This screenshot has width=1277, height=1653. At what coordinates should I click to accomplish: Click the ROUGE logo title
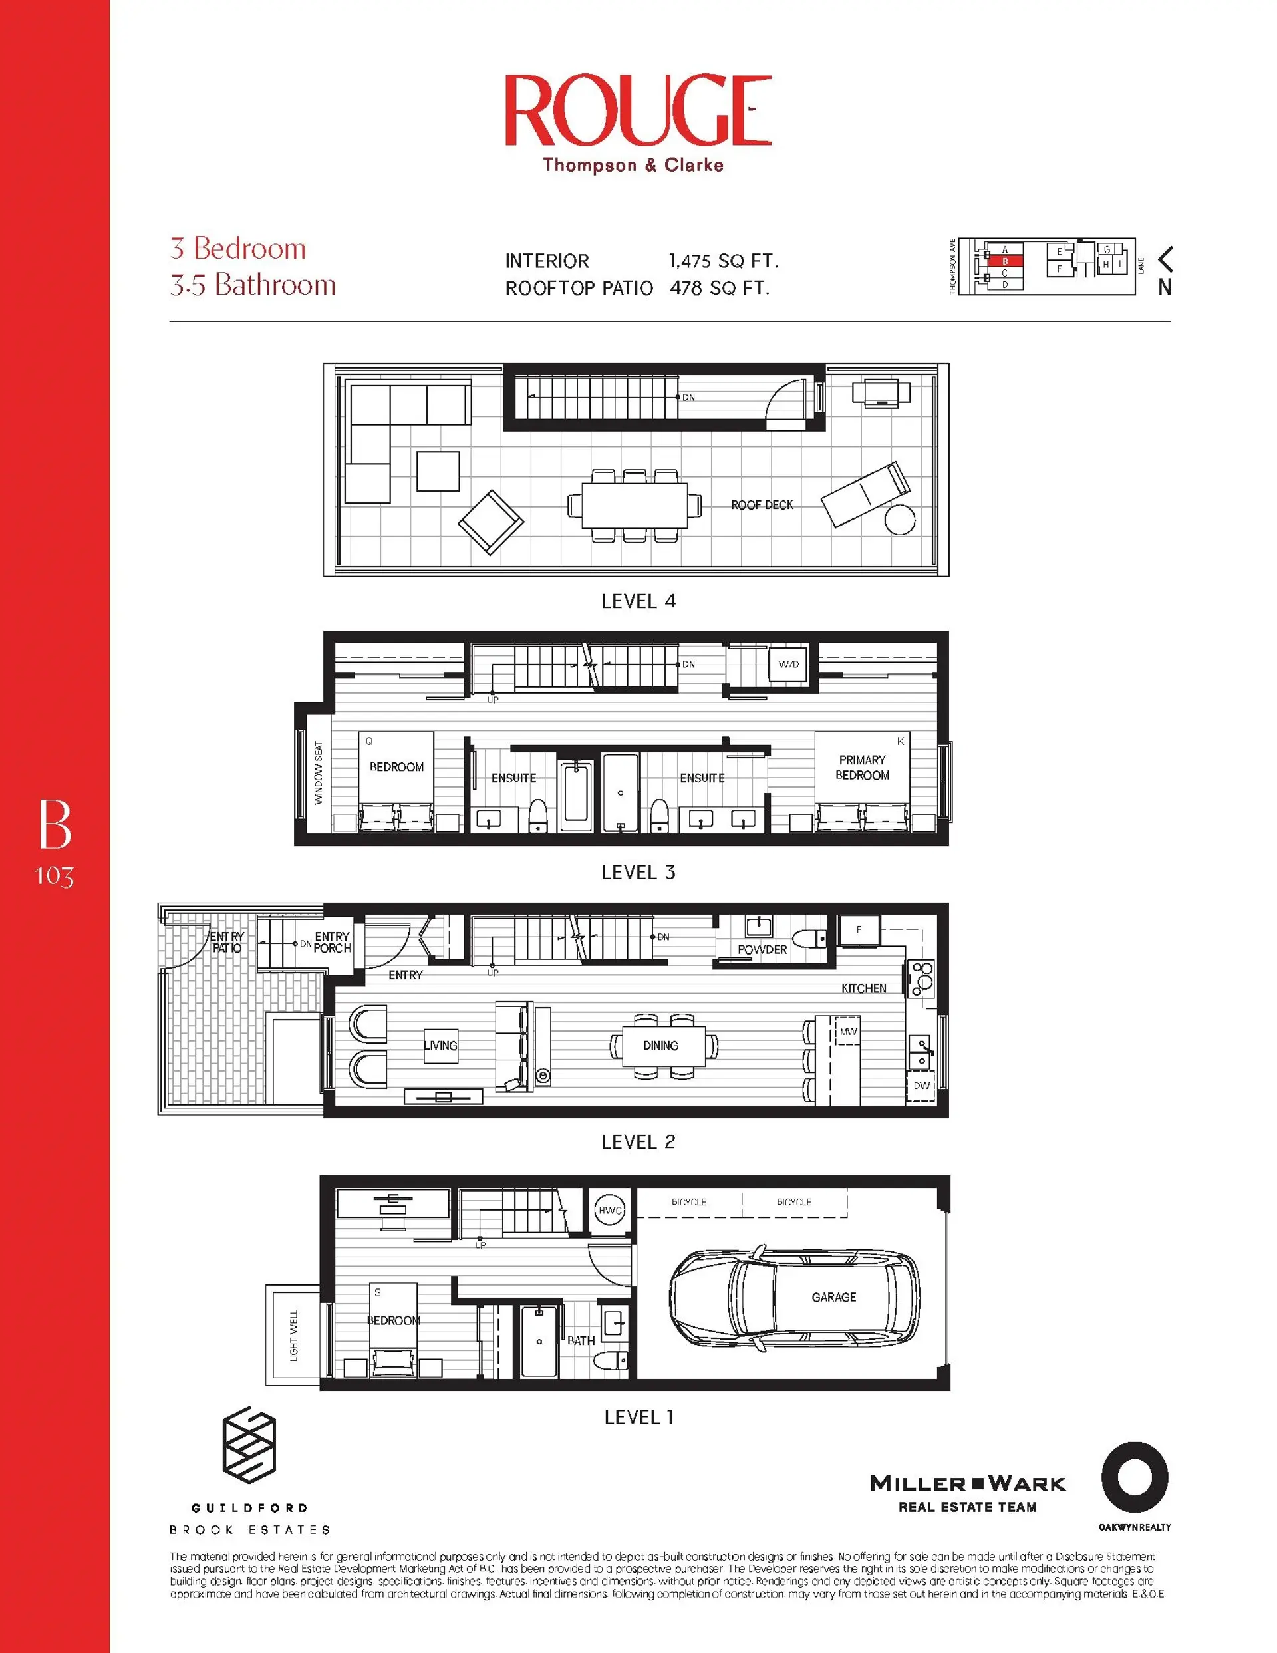point(638,110)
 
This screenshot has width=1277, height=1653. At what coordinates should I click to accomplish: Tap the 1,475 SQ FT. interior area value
point(723,261)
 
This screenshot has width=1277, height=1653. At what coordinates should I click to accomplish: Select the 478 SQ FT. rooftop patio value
point(719,289)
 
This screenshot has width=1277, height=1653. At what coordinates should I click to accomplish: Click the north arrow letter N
point(1164,287)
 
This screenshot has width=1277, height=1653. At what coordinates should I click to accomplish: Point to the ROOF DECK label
point(762,505)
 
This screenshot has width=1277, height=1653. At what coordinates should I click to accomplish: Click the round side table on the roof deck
point(899,520)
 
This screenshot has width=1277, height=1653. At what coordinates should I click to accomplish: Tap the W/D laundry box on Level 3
point(788,664)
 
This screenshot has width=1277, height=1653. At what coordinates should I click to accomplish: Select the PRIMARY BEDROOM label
point(862,768)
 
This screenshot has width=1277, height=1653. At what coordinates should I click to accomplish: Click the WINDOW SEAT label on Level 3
point(319,773)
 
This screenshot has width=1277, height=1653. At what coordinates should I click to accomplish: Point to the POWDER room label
point(762,949)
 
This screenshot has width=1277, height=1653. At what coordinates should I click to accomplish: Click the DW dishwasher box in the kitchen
point(921,1086)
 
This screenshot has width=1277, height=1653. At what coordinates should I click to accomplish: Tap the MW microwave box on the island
point(848,1032)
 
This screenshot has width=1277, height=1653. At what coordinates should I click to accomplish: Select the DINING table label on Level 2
point(660,1045)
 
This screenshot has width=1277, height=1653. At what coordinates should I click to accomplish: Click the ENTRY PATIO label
point(226,943)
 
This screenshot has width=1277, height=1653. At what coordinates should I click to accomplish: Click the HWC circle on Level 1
point(610,1210)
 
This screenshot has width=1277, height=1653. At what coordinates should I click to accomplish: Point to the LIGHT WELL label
point(294,1335)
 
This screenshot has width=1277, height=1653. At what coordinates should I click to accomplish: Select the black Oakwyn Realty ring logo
point(1134,1477)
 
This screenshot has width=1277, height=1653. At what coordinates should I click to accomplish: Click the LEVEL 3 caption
point(637,873)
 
